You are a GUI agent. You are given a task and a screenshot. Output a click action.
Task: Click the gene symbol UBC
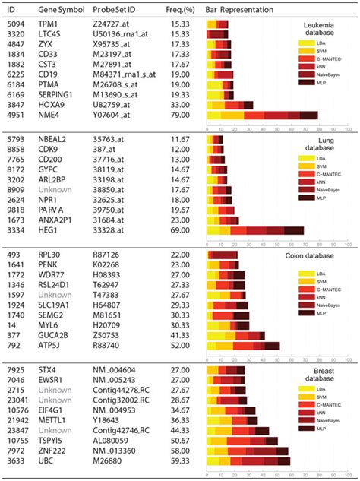pyautogui.click(x=47, y=461)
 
